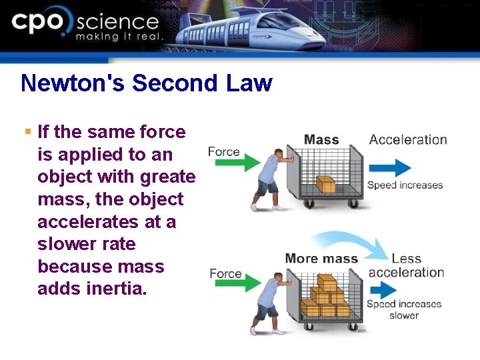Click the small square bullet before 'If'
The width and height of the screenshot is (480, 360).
tap(28, 132)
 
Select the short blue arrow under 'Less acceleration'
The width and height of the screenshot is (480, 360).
tap(383, 290)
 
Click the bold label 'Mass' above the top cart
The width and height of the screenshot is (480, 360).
tap(321, 140)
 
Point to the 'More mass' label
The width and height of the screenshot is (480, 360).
tap(321, 259)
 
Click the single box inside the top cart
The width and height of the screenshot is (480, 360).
tap(325, 184)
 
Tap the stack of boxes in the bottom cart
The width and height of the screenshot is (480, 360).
tap(325, 300)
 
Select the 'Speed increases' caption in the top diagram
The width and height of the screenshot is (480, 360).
tap(405, 185)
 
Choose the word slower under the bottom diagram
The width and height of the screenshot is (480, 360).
tap(404, 315)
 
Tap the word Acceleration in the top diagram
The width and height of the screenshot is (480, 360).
tap(408, 140)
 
